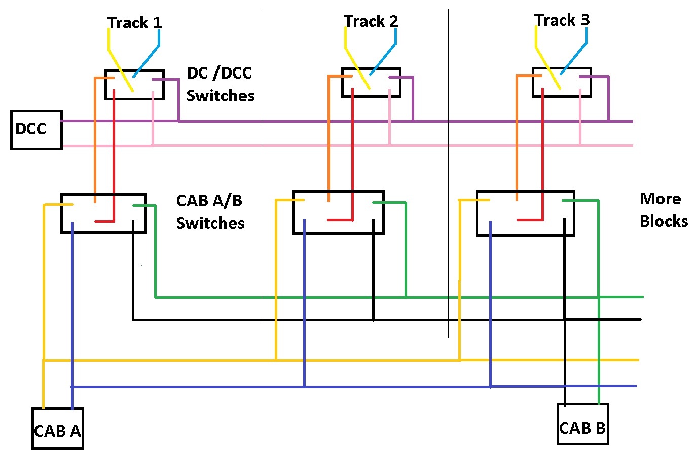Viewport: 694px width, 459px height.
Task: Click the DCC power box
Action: point(36,130)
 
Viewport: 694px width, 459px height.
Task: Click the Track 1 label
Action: point(134,23)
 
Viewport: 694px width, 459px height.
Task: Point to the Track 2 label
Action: point(371,21)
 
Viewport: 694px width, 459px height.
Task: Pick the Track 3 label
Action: point(562,20)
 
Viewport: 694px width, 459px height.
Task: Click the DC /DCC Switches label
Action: point(220,84)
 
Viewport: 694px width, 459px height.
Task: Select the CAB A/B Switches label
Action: point(210,212)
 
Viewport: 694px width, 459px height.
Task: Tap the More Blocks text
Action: point(663,210)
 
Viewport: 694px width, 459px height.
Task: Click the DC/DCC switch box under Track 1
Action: point(134,85)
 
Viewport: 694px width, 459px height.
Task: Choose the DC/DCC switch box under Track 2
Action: point(371,83)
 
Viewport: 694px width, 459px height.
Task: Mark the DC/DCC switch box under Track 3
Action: point(561,82)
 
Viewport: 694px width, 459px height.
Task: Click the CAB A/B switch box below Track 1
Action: point(103,213)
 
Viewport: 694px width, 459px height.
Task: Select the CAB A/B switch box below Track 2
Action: point(338,212)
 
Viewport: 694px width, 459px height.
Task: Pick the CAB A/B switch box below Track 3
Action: point(525,213)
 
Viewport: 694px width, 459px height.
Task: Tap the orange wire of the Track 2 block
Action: point(328,137)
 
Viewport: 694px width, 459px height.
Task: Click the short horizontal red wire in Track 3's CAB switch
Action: point(530,220)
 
